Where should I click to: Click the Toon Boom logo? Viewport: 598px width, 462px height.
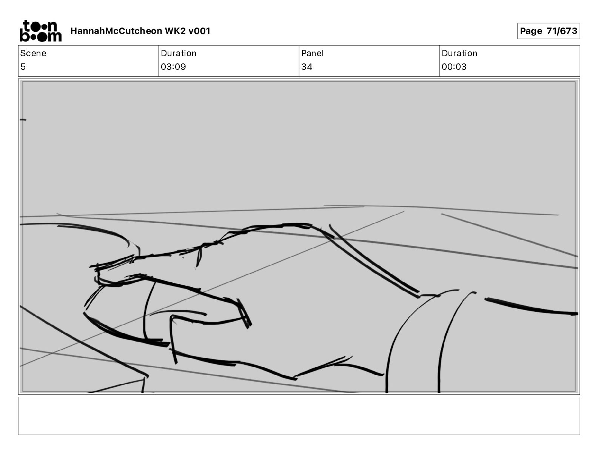[41, 31]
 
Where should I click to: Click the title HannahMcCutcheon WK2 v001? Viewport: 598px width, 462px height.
[140, 31]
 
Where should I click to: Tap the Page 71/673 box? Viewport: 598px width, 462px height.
[549, 31]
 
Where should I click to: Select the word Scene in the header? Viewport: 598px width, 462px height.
[33, 53]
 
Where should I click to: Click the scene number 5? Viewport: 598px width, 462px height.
[23, 66]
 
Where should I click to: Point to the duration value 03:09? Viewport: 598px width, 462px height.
[173, 66]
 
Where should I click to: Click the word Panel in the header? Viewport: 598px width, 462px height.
[312, 53]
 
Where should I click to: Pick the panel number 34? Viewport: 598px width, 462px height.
[307, 66]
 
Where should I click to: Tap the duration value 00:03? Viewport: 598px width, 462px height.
[454, 66]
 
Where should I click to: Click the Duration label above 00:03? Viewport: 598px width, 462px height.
[459, 53]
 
